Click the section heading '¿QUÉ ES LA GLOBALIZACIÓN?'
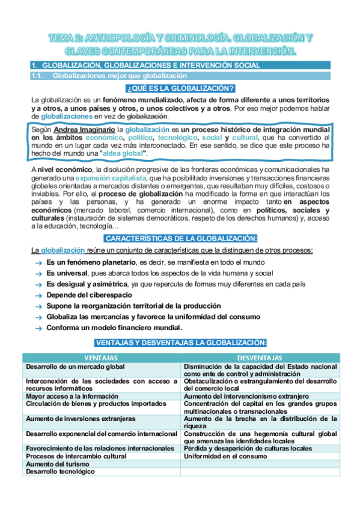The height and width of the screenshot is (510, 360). click(x=180, y=88)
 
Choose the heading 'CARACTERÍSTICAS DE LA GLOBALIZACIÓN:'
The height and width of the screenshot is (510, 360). click(x=180, y=238)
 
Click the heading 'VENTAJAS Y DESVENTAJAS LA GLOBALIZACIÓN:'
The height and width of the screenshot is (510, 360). click(x=180, y=343)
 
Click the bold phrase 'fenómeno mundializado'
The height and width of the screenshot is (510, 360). click(x=142, y=99)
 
